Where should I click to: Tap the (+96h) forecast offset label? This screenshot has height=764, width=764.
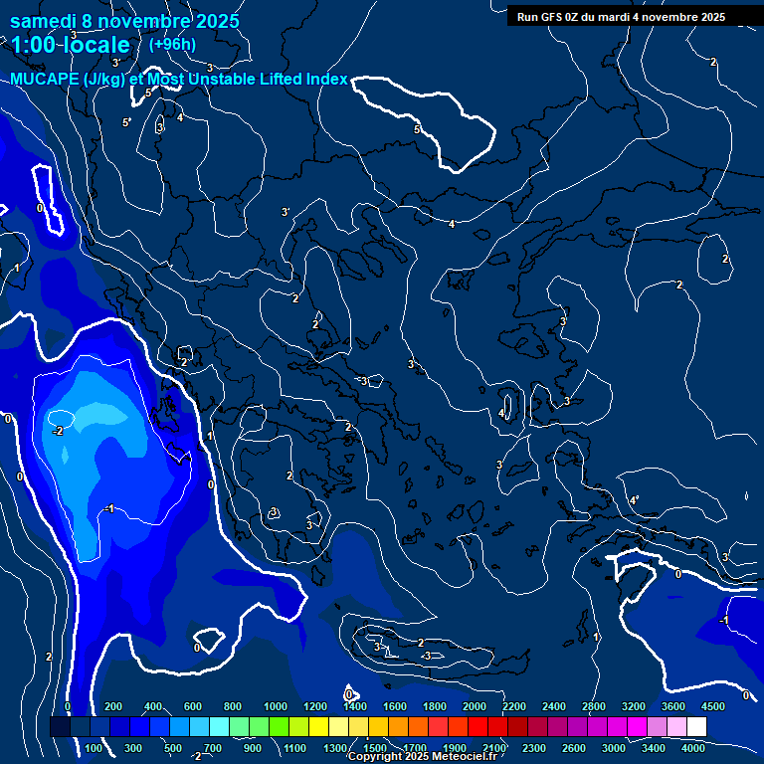point(172,44)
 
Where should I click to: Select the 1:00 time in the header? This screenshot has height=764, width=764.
point(35,45)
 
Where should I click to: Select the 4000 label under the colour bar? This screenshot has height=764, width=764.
point(694,748)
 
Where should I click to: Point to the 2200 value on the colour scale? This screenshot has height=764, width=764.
point(514,706)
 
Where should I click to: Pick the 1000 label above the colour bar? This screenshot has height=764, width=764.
point(276,706)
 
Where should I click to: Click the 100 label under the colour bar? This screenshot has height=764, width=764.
point(95,748)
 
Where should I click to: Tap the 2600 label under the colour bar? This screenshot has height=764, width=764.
point(575,748)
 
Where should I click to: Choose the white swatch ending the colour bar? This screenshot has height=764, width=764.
point(724,727)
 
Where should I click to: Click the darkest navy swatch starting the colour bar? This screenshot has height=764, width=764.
point(60,727)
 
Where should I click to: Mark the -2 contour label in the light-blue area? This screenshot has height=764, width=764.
point(58,431)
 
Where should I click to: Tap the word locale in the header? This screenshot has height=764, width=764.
point(99,45)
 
